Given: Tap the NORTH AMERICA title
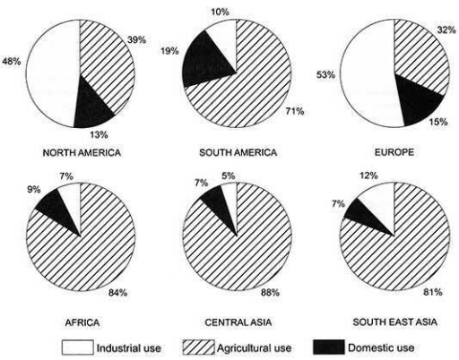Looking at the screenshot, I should (82, 152).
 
